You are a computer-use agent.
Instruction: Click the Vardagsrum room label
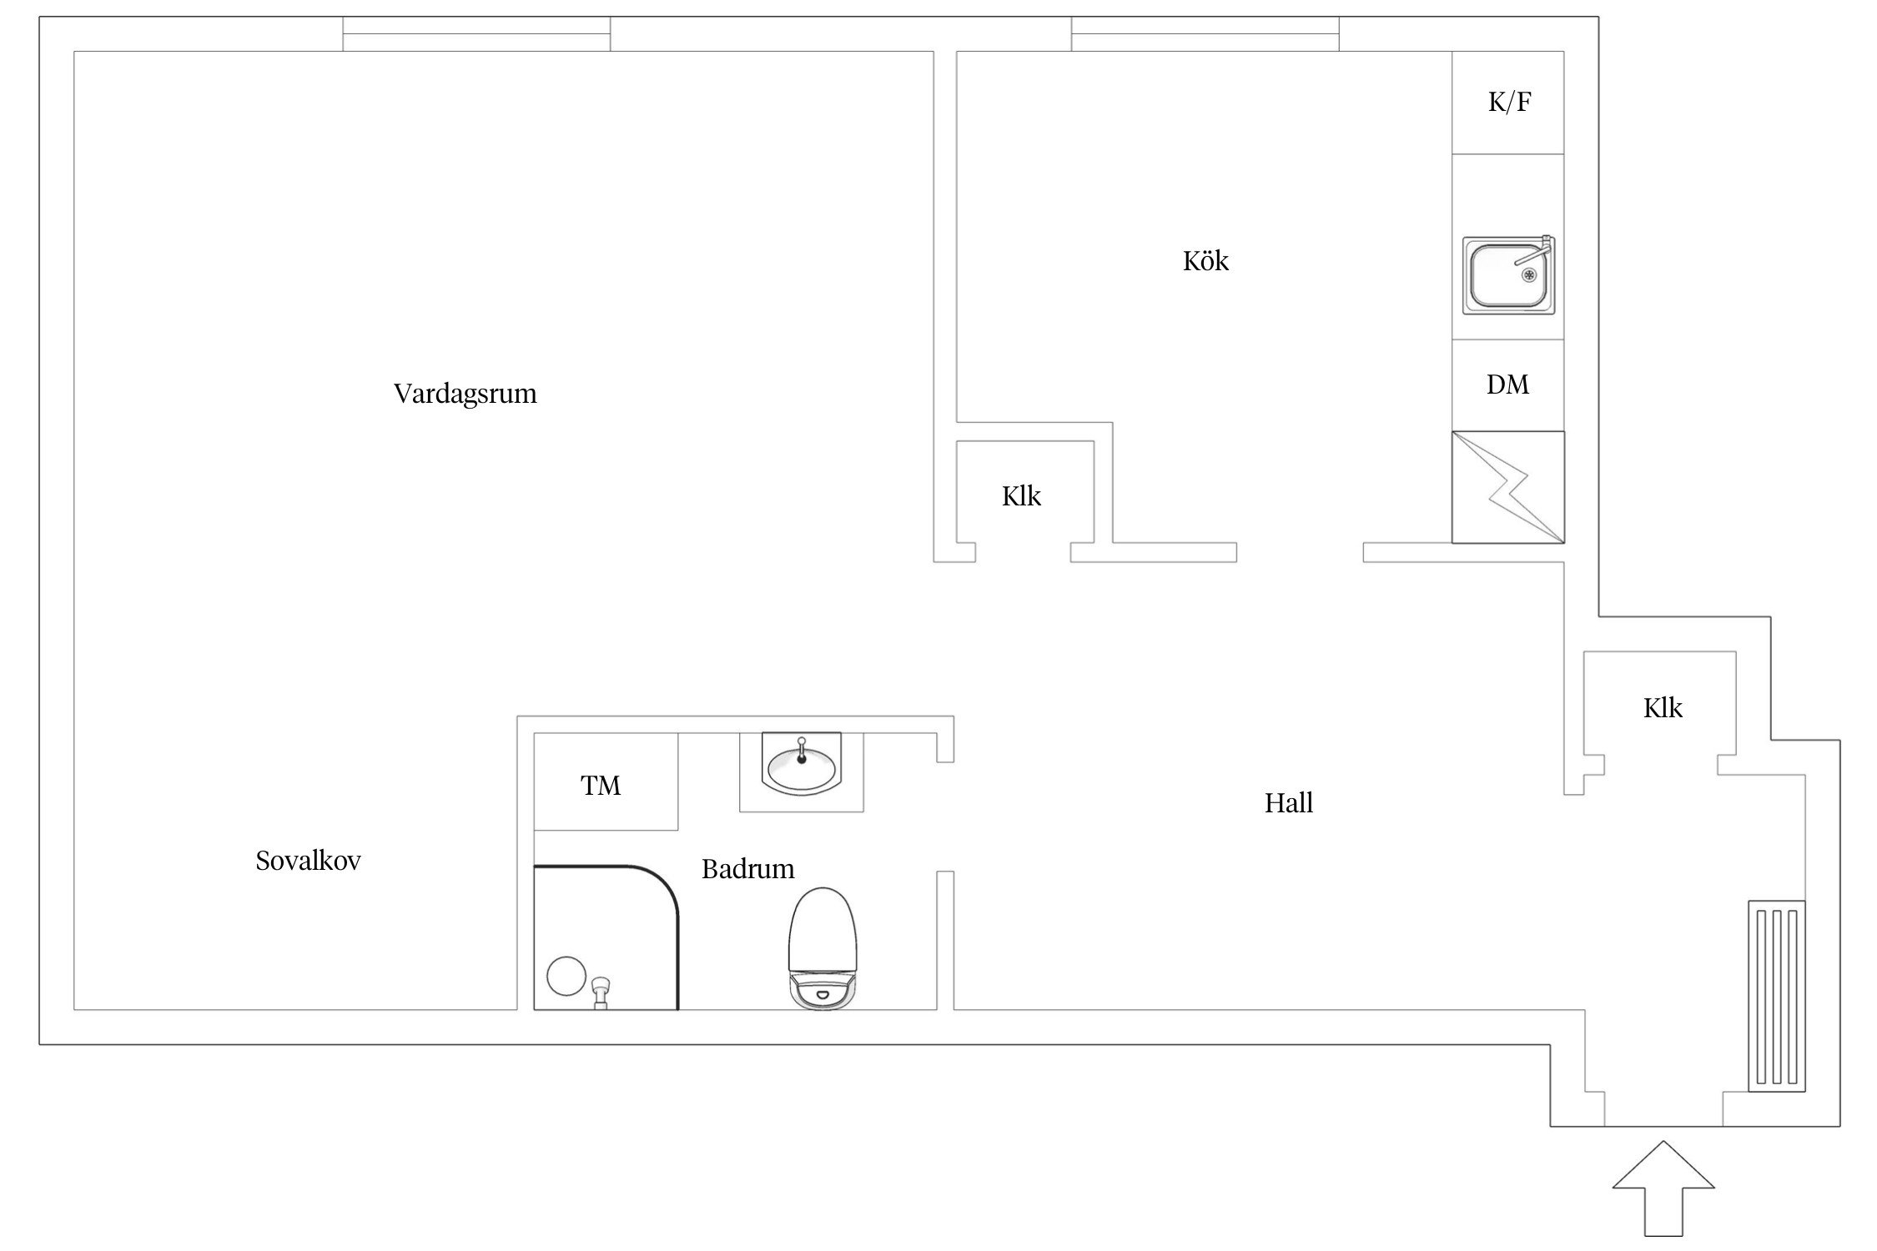click(465, 394)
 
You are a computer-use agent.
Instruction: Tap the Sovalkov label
click(308, 861)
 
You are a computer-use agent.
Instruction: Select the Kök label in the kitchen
click(1205, 261)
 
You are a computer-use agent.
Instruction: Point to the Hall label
click(1288, 803)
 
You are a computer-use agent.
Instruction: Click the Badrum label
click(747, 869)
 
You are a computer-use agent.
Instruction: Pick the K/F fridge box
click(1507, 103)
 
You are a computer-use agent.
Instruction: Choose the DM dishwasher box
click(1507, 385)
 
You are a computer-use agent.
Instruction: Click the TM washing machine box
click(606, 781)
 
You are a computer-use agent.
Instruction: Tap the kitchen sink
click(1508, 275)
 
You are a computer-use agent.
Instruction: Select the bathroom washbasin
click(802, 762)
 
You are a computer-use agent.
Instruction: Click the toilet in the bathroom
click(823, 949)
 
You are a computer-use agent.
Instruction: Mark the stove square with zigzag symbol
click(1508, 487)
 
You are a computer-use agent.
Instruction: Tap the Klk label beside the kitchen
click(1021, 496)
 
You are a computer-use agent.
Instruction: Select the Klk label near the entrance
click(1663, 708)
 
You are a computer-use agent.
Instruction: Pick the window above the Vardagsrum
click(476, 34)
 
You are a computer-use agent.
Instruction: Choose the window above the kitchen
click(1205, 34)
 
